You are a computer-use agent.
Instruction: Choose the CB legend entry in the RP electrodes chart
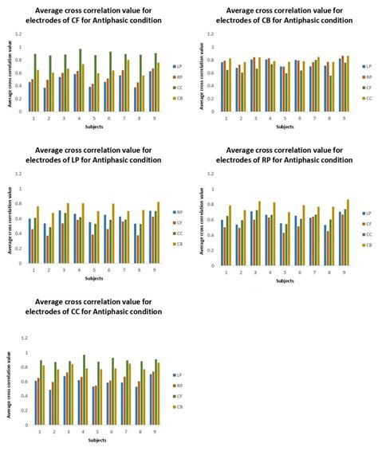[x=368, y=245]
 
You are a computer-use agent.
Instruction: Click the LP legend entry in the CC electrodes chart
[x=179, y=374]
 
